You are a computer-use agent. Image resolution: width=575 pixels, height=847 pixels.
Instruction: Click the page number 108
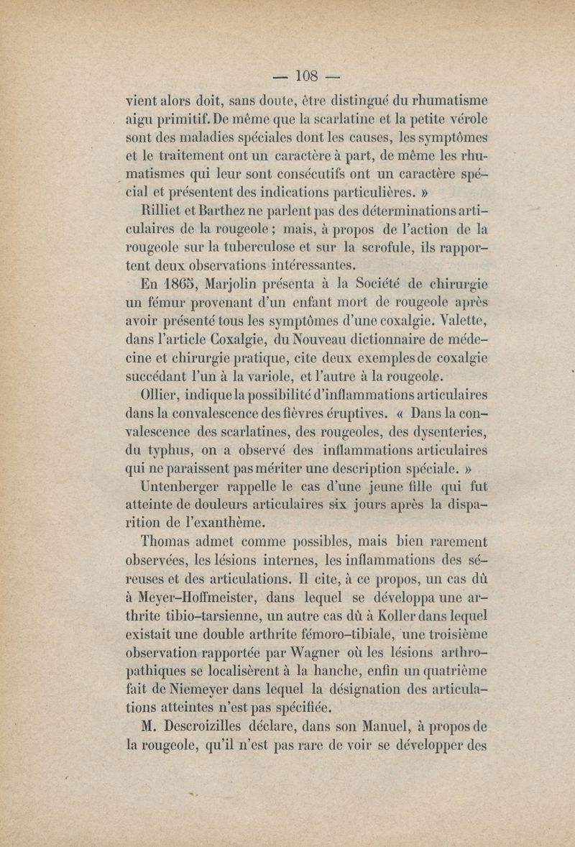(x=307, y=74)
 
